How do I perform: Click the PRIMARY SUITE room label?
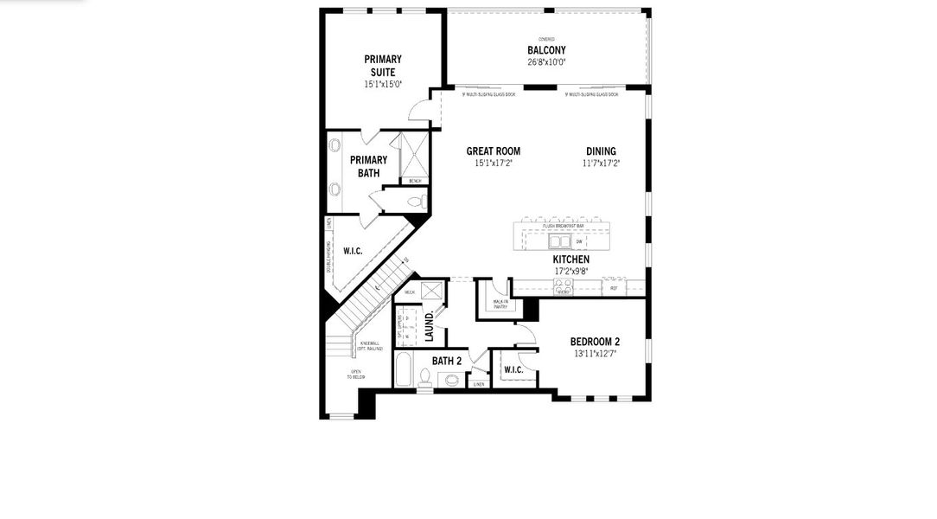click(383, 65)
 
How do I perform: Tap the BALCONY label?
click(546, 50)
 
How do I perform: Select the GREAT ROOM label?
click(493, 151)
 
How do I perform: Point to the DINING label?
click(601, 151)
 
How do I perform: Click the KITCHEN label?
click(571, 259)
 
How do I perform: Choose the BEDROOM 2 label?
click(595, 342)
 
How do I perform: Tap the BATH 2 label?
click(447, 361)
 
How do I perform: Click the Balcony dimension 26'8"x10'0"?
click(546, 61)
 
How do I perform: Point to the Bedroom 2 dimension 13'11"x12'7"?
click(595, 353)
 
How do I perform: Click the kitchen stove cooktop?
click(564, 288)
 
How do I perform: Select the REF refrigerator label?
click(614, 288)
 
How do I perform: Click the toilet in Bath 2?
click(424, 377)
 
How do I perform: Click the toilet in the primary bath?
click(417, 202)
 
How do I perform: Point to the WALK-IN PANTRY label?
click(500, 304)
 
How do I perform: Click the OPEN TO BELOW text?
click(356, 375)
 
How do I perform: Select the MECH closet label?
click(410, 292)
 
